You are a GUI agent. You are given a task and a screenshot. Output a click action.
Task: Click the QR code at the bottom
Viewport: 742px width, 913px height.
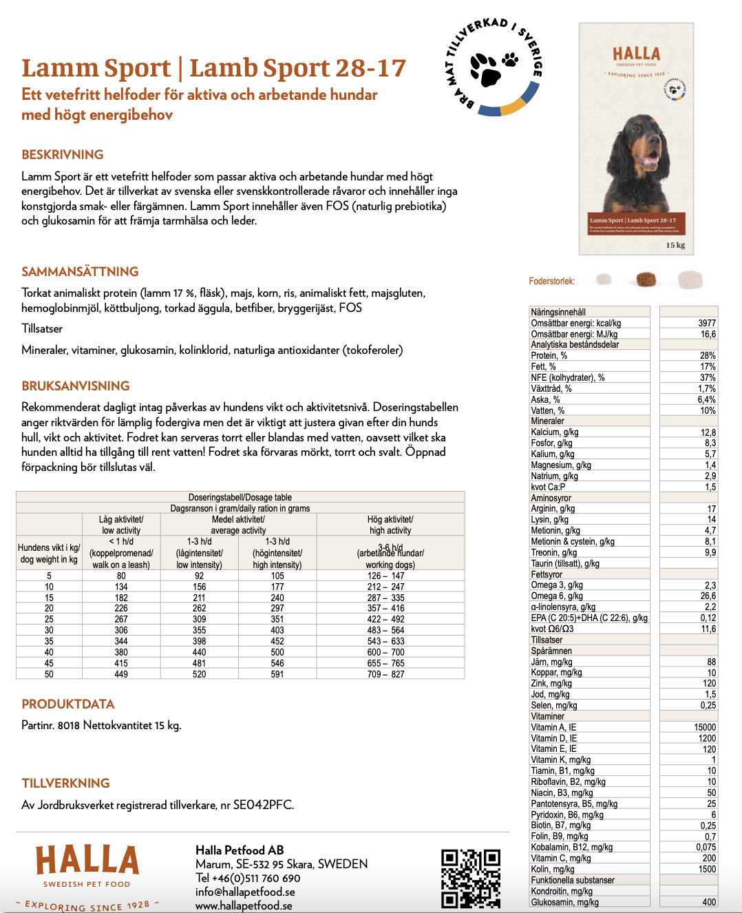pyautogui.click(x=471, y=878)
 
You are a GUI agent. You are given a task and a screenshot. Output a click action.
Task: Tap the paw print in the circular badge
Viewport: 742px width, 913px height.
pyautogui.click(x=487, y=68)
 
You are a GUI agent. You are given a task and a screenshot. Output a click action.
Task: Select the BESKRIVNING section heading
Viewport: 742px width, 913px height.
pyautogui.click(x=63, y=155)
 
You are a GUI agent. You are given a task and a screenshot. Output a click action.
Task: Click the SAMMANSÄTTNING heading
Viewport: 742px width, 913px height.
pyautogui.click(x=80, y=272)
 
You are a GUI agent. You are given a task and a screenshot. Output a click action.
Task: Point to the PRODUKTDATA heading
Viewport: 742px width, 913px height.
pyautogui.click(x=68, y=704)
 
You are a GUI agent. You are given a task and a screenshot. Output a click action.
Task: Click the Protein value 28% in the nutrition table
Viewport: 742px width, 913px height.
pyautogui.click(x=708, y=356)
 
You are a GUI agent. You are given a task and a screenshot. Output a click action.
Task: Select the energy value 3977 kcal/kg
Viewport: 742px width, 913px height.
pyautogui.click(x=706, y=323)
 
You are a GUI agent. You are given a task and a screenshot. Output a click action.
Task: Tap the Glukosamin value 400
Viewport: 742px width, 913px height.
pyautogui.click(x=708, y=902)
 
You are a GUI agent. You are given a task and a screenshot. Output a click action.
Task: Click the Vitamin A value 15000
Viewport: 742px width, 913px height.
pyautogui.click(x=705, y=727)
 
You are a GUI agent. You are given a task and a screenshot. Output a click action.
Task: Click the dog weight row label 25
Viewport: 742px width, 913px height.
pyautogui.click(x=49, y=619)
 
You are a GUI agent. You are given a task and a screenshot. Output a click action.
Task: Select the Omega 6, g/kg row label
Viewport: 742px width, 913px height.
pyautogui.click(x=557, y=596)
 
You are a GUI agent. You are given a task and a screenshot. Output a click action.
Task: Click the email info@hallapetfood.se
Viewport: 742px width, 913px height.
pyautogui.click(x=245, y=892)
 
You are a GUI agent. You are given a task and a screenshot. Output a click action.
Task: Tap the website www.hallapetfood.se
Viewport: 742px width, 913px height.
pyautogui.click(x=244, y=905)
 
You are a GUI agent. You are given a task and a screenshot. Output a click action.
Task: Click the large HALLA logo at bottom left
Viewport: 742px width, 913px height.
pyautogui.click(x=87, y=861)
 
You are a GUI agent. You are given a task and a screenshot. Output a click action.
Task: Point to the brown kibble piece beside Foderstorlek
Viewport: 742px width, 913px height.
pyautogui.click(x=646, y=280)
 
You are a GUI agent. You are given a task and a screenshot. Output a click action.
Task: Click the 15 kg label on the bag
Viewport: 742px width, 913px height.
pyautogui.click(x=675, y=245)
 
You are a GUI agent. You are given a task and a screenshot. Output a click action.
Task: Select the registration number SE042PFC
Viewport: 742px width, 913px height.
pyautogui.click(x=263, y=805)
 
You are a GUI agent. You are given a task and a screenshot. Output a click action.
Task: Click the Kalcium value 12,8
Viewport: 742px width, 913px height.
pyautogui.click(x=708, y=432)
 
